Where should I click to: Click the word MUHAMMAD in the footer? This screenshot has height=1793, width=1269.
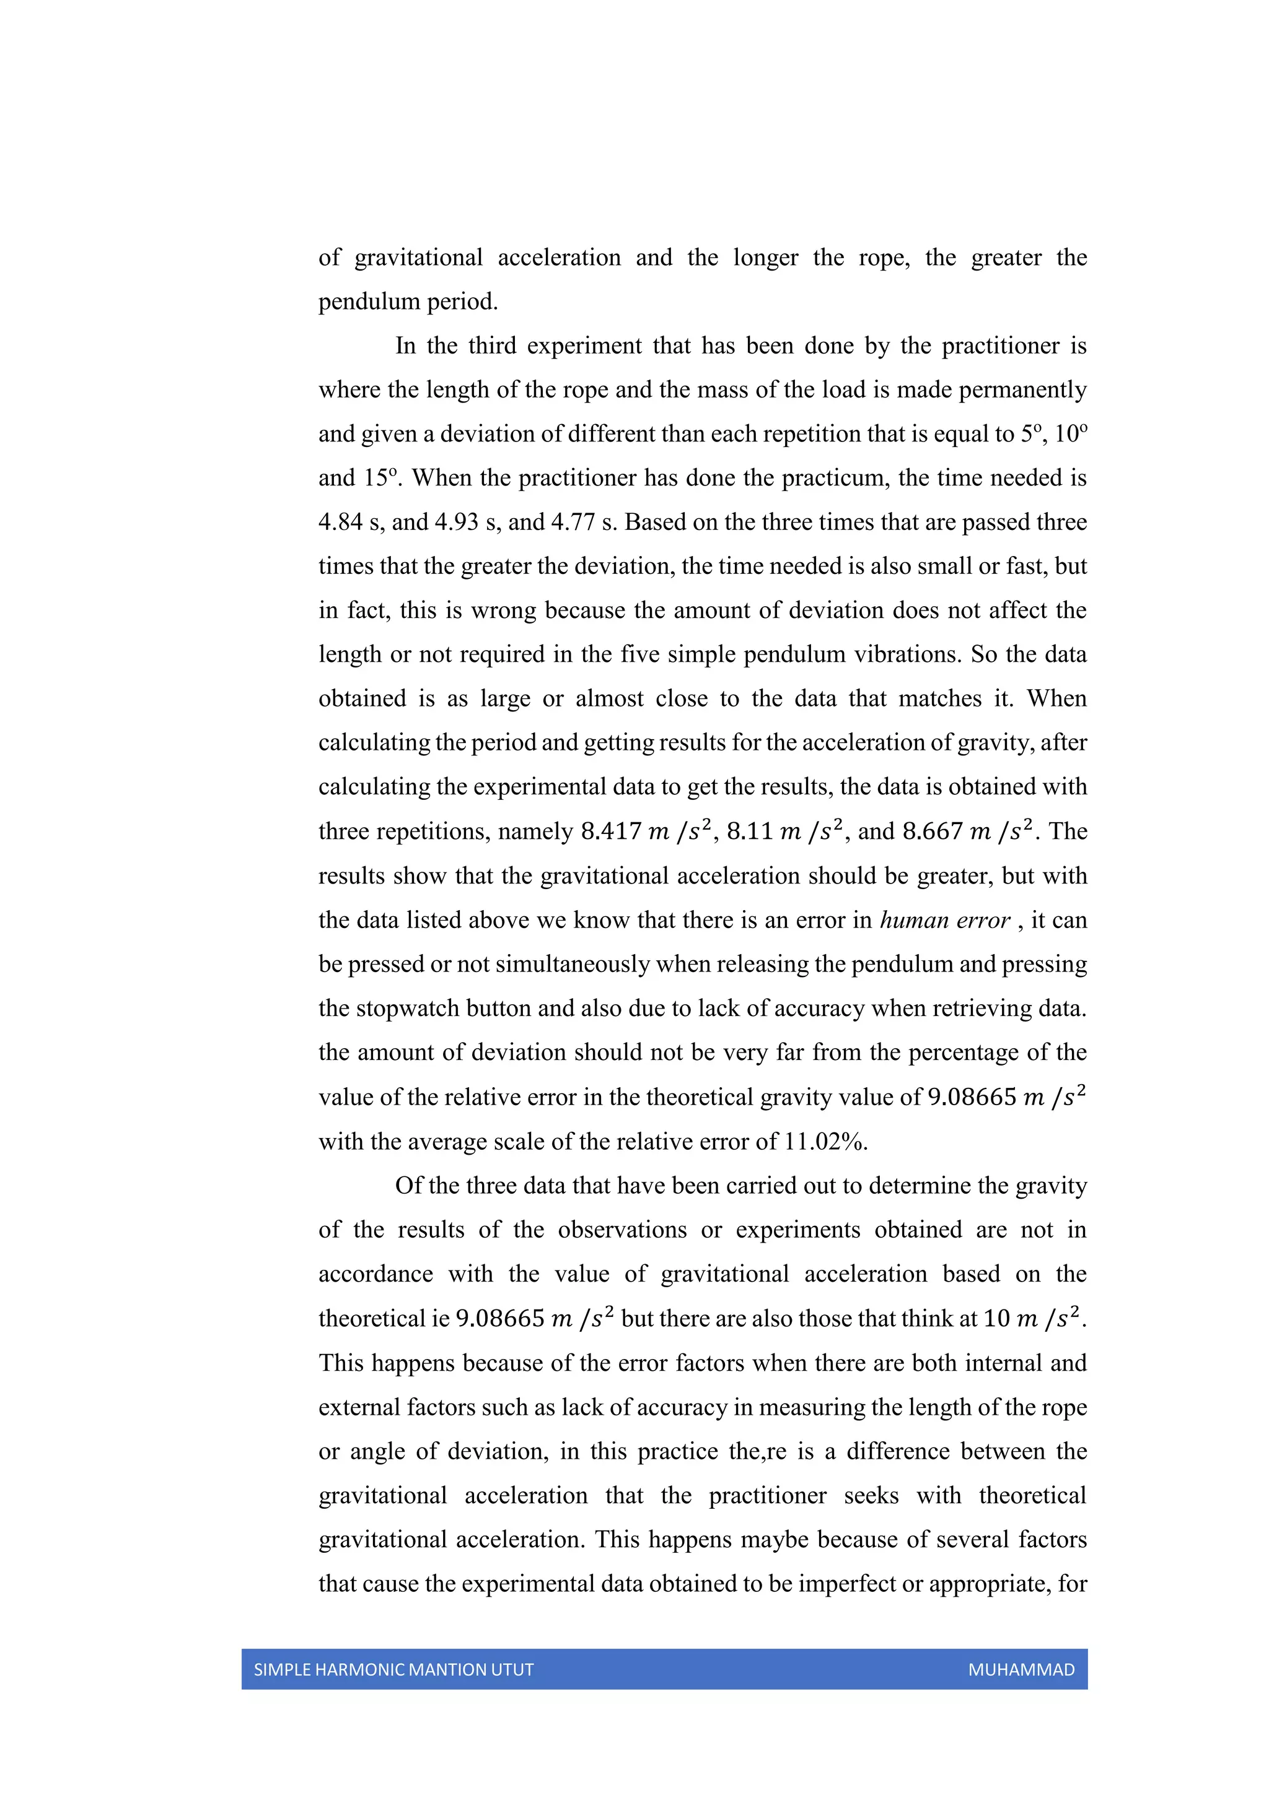tap(1021, 1670)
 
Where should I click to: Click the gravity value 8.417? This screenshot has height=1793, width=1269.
tap(610, 831)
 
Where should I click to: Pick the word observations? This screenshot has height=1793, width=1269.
tap(622, 1230)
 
